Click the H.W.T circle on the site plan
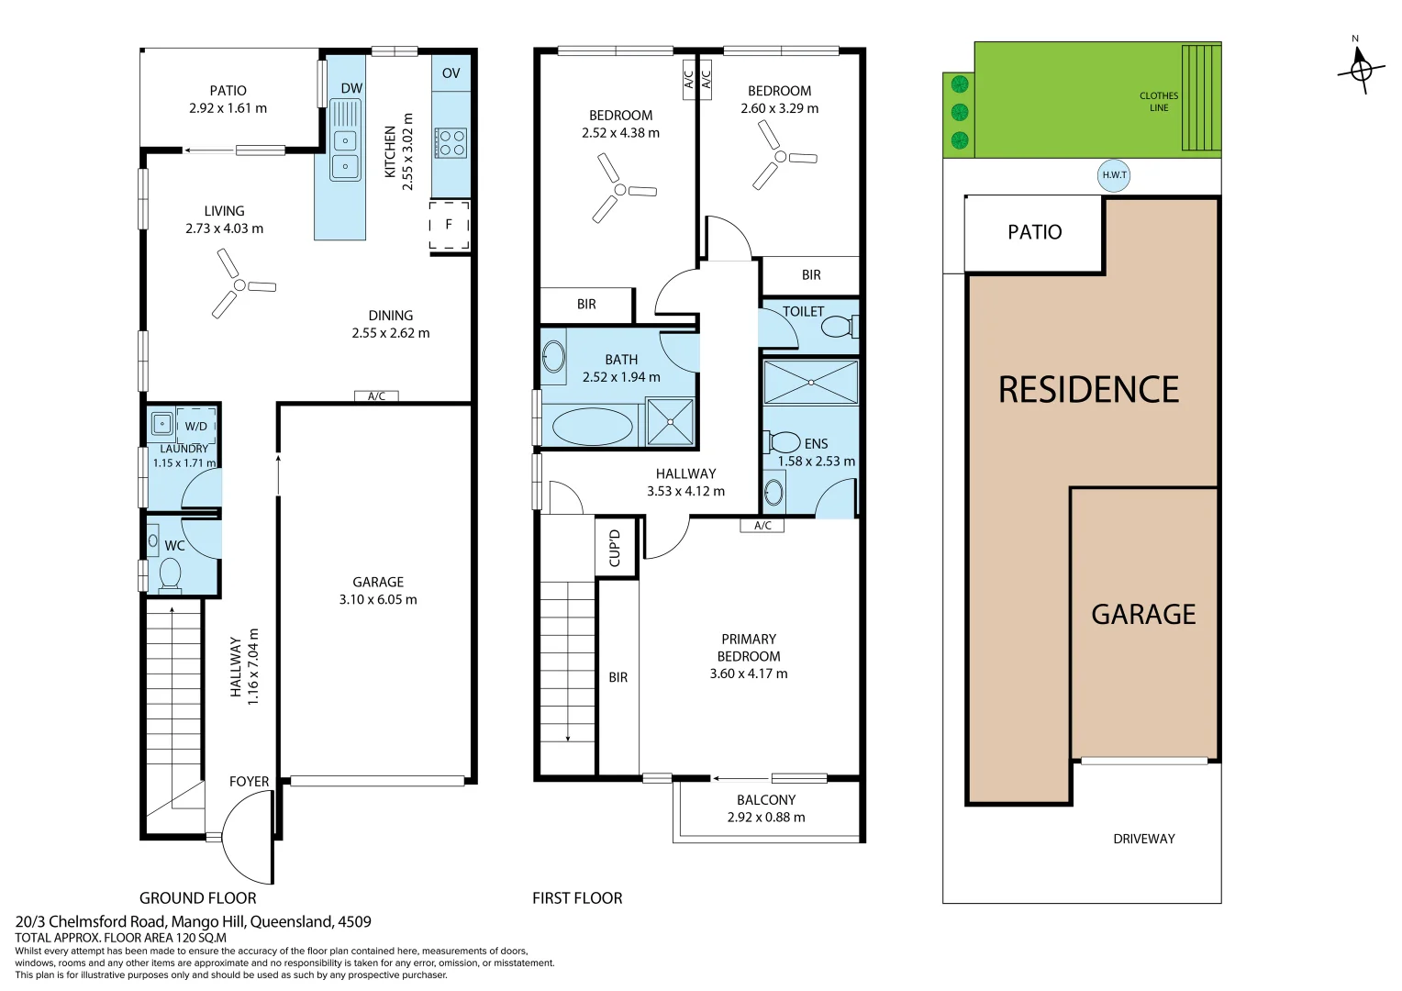[x=1114, y=175]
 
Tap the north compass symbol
[x=1361, y=69]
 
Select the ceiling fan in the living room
[x=241, y=285]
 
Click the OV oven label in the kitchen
[x=451, y=73]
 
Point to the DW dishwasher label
[x=351, y=88]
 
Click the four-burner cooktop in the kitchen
[x=451, y=143]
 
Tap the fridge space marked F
[x=449, y=225]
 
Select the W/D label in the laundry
[x=196, y=427]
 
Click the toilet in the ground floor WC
[x=170, y=574]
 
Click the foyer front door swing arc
[x=244, y=837]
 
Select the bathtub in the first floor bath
[x=592, y=427]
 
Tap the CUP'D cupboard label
[x=615, y=549]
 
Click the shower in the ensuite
[x=810, y=383]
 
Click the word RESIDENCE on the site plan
[x=1088, y=390]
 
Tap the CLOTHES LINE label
[x=1159, y=102]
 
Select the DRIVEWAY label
[x=1143, y=839]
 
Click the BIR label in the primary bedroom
[x=618, y=677]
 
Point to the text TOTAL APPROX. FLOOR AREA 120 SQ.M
[x=120, y=938]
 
